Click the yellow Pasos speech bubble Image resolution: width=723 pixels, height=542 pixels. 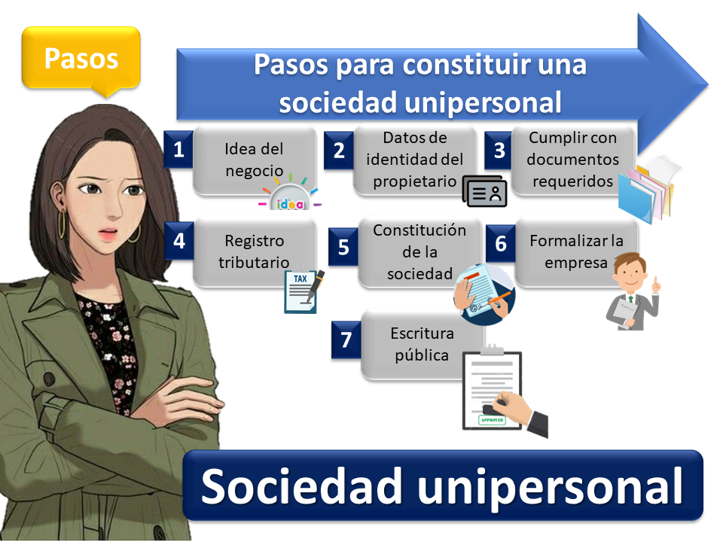81,59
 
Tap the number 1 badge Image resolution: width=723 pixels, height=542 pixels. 178,149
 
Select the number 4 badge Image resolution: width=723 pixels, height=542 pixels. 179,241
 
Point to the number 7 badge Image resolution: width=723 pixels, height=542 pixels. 346,340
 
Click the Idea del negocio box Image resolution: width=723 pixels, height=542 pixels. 255,160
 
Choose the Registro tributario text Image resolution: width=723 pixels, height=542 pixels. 254,251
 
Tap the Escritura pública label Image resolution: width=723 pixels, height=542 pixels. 422,344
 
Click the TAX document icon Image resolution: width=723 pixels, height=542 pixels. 303,291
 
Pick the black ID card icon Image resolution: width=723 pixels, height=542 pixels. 484,191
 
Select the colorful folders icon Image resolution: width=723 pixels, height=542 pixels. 648,189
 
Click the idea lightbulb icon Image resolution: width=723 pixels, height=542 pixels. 289,194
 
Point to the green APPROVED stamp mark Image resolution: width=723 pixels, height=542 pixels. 492,420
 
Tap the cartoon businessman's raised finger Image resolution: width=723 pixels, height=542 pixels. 655,282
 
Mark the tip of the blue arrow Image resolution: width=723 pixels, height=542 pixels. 708,85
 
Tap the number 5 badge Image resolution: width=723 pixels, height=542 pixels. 343,247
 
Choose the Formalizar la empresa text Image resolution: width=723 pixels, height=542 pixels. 576,251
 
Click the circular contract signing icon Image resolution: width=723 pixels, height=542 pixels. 485,294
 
